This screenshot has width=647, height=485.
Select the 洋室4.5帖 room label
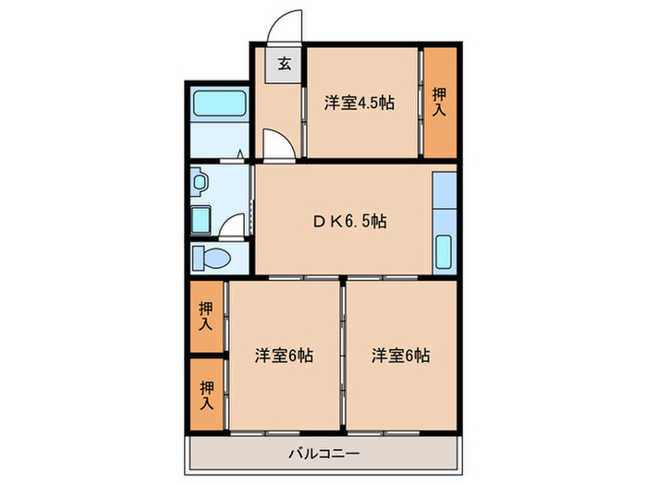click(359, 103)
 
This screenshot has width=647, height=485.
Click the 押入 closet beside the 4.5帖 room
click(440, 102)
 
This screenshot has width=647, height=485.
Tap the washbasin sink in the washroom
click(201, 183)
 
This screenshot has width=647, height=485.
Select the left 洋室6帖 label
click(284, 355)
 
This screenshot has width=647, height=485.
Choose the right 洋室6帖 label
click(401, 355)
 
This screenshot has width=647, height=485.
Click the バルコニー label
click(323, 454)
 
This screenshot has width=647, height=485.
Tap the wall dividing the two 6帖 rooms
click(343, 356)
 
